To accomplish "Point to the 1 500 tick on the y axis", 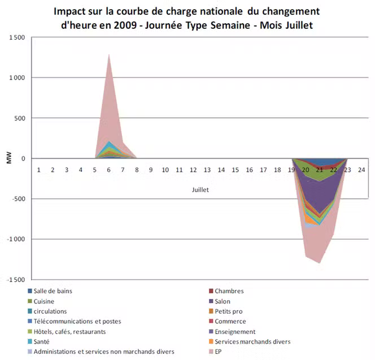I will (17, 37).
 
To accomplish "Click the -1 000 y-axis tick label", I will (16, 239).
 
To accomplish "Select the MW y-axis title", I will (8, 158).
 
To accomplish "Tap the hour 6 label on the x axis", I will (108, 170).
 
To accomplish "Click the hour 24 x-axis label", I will (361, 170).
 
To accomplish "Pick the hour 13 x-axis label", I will (207, 170).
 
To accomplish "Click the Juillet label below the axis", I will (200, 190).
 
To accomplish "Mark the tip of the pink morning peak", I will (108, 54).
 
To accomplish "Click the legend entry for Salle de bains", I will (53, 292).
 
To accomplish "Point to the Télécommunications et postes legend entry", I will (77, 322).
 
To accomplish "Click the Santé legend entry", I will (42, 341).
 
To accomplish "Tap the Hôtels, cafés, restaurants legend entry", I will (69, 332).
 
